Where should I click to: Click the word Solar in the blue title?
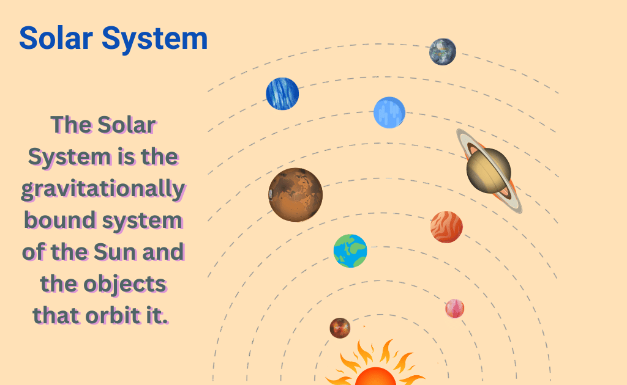[56, 38]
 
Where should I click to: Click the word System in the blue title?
[155, 39]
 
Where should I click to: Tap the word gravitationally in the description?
[103, 189]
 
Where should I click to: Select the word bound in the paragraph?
[59, 220]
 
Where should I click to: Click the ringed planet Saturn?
[489, 170]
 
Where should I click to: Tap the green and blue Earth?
[350, 251]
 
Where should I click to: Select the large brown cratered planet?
[296, 195]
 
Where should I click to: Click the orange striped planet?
[446, 227]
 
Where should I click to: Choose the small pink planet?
[455, 309]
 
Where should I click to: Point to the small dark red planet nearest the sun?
[340, 328]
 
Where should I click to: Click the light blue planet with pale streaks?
[389, 112]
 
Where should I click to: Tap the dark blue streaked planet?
[282, 94]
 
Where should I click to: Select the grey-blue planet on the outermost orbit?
[443, 52]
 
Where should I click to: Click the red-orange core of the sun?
[375, 378]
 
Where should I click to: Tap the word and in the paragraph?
[163, 252]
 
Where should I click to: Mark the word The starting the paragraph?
[71, 125]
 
